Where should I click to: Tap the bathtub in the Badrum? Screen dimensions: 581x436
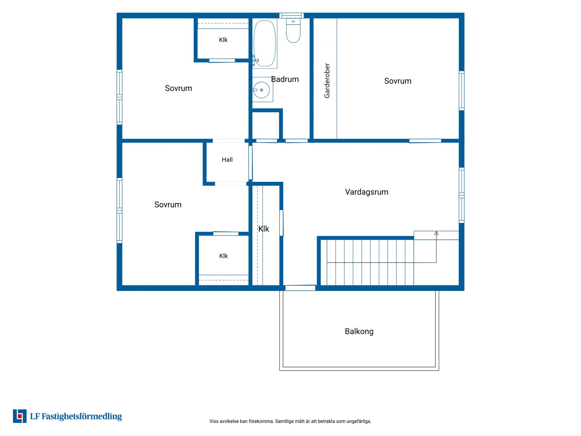(265, 43)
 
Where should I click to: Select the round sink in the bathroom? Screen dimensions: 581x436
(261, 90)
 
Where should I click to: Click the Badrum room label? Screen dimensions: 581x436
(285, 79)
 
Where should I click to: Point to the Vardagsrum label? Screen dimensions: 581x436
(367, 192)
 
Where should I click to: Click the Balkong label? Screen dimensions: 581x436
(359, 332)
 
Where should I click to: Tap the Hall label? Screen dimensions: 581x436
(227, 160)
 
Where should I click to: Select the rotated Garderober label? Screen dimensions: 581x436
(327, 81)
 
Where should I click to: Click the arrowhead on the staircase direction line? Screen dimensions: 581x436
(436, 233)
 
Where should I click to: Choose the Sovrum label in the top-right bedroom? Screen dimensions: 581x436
(398, 81)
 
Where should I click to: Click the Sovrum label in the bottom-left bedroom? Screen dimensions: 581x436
(168, 205)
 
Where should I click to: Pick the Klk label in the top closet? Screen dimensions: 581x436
(223, 40)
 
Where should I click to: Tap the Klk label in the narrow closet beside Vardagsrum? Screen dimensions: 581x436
(264, 229)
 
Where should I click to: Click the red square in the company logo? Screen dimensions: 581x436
(20, 416)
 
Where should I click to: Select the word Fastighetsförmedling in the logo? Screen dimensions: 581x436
(82, 417)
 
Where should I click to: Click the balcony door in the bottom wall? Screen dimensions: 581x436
(300, 288)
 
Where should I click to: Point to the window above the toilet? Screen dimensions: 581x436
(291, 15)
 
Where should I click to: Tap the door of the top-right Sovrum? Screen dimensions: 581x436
(425, 141)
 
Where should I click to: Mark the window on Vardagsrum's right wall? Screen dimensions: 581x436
(461, 195)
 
